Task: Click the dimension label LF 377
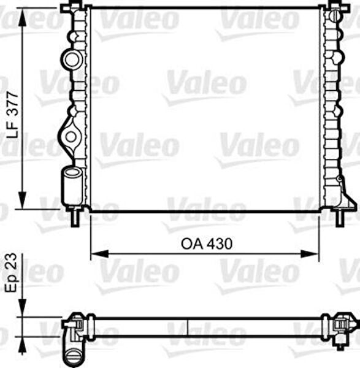click(x=12, y=115)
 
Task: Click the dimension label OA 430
click(x=207, y=243)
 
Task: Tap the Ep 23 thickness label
click(x=11, y=272)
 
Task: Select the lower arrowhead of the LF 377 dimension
click(x=22, y=200)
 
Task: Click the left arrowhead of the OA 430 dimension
click(x=100, y=254)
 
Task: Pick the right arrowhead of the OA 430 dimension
click(x=310, y=254)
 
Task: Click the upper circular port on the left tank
click(x=72, y=59)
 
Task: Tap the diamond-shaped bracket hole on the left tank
click(x=71, y=137)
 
